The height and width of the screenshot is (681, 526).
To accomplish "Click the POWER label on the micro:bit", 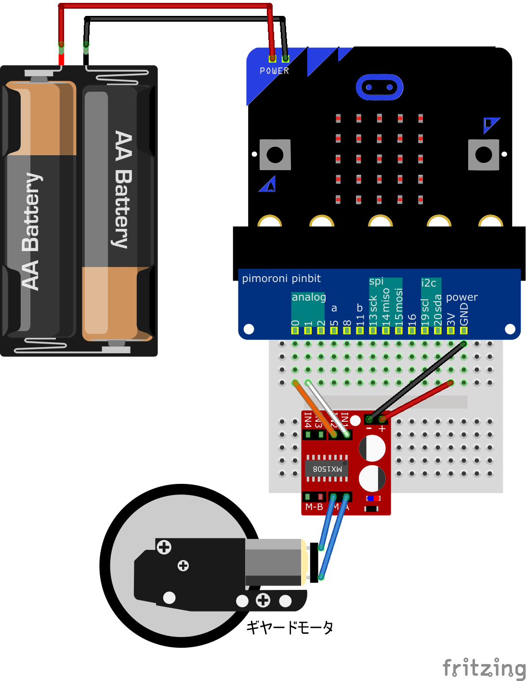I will click(x=274, y=71).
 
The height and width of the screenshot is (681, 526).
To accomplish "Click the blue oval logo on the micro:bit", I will click(x=379, y=87).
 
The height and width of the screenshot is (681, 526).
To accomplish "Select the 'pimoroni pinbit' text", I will click(x=281, y=279).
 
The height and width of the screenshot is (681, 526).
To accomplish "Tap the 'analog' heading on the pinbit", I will click(x=309, y=297).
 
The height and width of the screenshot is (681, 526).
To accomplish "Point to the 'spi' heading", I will click(x=376, y=281).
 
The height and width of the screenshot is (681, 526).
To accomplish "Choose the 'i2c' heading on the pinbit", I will click(x=428, y=283).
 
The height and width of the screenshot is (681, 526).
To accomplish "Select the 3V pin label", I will click(x=451, y=319).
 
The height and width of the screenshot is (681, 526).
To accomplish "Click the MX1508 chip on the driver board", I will click(x=327, y=468).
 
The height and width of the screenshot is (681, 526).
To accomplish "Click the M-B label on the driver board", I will click(x=314, y=507).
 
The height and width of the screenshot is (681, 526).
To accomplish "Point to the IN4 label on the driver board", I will click(x=307, y=420).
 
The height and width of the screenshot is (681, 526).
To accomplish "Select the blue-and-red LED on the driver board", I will click(x=373, y=498).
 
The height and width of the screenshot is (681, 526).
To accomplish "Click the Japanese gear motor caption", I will click(x=289, y=627).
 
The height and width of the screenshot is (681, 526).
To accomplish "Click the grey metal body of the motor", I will click(x=274, y=561).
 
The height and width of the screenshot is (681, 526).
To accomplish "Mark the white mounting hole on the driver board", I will click(x=355, y=421).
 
